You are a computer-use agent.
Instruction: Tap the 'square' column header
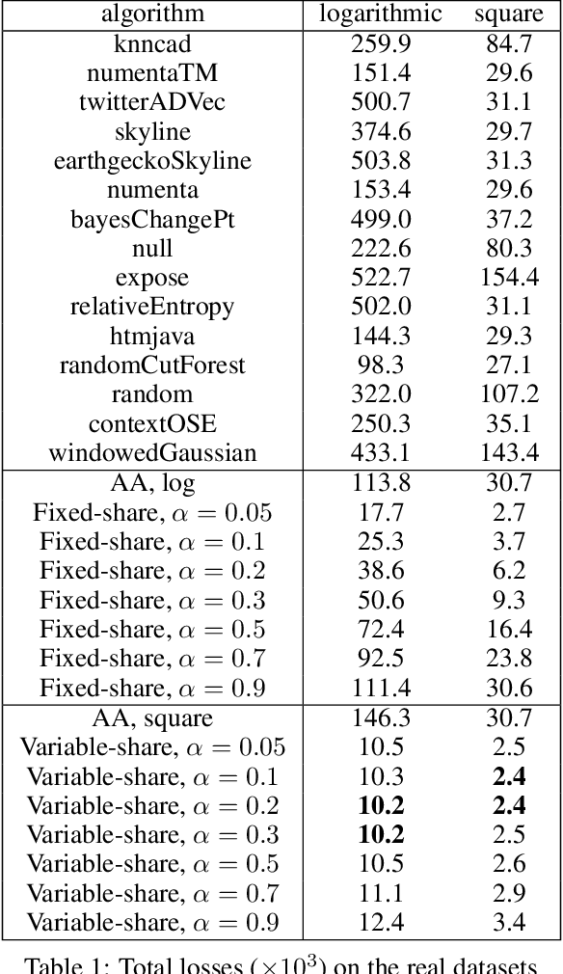pyautogui.click(x=508, y=14)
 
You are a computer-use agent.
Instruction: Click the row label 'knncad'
pyautogui.click(x=152, y=44)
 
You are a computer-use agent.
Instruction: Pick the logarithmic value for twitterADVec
pyautogui.click(x=381, y=102)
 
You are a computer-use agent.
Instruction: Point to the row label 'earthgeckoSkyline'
pyautogui.click(x=152, y=161)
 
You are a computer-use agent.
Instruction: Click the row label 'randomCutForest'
pyautogui.click(x=152, y=365)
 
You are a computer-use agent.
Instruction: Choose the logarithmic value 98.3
pyautogui.click(x=381, y=365)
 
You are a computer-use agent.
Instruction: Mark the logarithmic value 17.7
pyautogui.click(x=381, y=513)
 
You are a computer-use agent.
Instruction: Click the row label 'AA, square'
pyautogui.click(x=152, y=718)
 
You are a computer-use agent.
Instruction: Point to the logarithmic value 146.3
pyautogui.click(x=381, y=718)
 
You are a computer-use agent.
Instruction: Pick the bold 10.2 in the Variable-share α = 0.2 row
pyautogui.click(x=381, y=806)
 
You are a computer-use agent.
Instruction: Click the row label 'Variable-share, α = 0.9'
pyautogui.click(x=152, y=924)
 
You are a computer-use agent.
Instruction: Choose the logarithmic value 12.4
pyautogui.click(x=381, y=924)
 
